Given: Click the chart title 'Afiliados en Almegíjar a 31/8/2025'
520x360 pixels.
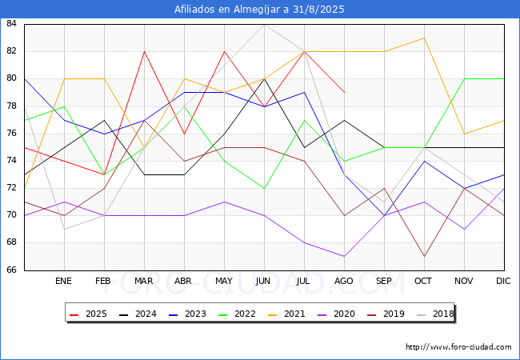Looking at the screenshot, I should click(x=260, y=10).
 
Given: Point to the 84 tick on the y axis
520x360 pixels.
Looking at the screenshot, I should click(x=12, y=24).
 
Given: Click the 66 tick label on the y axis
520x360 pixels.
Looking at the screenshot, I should click(x=12, y=270).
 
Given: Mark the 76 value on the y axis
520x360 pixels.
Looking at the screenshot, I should click(x=12, y=134).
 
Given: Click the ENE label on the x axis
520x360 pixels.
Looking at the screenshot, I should click(x=64, y=282).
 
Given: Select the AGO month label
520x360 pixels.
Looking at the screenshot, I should click(x=344, y=282).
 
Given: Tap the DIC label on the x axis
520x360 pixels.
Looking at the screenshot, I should click(x=503, y=282).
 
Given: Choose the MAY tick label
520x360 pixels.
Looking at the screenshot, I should click(x=224, y=282).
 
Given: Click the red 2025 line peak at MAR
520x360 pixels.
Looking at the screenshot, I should click(x=144, y=51).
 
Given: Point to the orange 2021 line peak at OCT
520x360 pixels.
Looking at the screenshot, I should click(x=424, y=38).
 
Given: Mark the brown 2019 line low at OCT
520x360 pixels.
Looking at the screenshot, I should click(x=424, y=256).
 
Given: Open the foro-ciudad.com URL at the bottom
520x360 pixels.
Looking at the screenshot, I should click(x=458, y=347).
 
